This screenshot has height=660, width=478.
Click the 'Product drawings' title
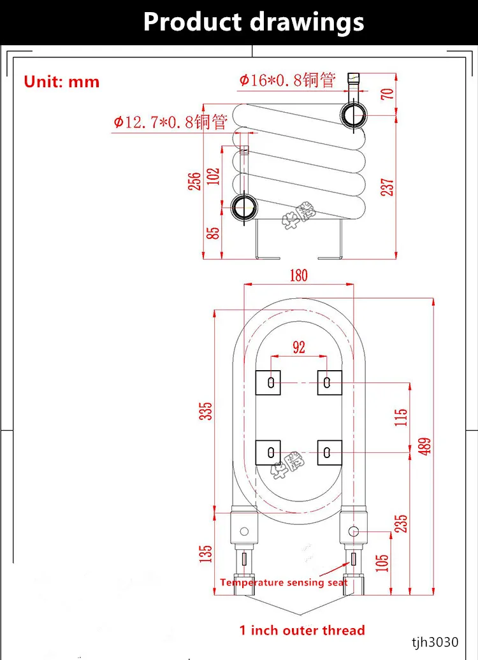click(254, 22)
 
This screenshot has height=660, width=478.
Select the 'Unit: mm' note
click(62, 82)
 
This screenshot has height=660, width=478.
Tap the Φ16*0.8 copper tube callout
click(287, 80)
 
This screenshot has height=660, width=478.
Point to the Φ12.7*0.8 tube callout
click(170, 122)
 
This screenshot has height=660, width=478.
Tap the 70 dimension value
click(388, 93)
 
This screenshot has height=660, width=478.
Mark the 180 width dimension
click(298, 275)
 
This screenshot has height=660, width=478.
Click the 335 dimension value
click(205, 412)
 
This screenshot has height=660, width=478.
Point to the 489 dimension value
click(425, 445)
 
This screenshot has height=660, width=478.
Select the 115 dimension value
click(401, 418)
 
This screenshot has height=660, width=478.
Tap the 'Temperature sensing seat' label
click(284, 582)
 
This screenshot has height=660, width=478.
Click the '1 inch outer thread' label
click(302, 631)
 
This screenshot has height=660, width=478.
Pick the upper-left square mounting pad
click(268, 382)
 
